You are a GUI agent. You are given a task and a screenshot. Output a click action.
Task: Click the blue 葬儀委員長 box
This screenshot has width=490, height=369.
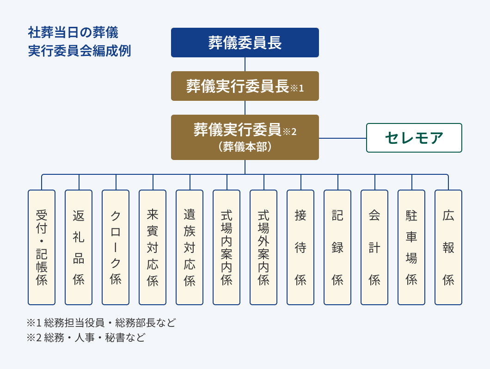point(245,43)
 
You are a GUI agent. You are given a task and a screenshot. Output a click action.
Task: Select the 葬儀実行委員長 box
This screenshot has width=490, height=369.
point(245,86)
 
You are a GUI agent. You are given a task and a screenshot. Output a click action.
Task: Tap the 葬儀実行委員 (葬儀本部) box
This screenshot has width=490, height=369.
point(245,137)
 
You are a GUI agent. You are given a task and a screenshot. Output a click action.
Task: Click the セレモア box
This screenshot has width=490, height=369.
point(414,138)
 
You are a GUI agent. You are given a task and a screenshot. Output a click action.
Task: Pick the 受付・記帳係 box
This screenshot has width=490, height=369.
point(42,247)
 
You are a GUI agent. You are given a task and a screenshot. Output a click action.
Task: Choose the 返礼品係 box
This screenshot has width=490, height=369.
point(79,247)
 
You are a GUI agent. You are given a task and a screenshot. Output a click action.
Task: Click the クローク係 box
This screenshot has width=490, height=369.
point(116,247)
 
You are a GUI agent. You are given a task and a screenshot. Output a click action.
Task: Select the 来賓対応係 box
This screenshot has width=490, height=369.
point(153,247)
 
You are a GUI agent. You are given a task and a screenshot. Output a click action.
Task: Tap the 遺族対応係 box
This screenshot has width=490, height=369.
point(190,247)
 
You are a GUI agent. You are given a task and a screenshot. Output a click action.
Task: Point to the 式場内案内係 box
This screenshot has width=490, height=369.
point(227,247)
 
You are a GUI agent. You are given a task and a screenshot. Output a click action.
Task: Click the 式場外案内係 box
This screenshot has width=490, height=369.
point(263,247)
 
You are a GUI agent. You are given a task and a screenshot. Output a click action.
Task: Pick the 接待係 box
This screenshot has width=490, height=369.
point(300,247)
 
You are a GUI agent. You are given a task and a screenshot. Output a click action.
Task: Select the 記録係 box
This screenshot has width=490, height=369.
point(337,247)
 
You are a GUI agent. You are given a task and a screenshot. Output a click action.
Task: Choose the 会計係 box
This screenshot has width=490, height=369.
point(374,247)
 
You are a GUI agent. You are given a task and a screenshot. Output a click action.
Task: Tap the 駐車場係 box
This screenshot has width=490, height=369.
point(411,247)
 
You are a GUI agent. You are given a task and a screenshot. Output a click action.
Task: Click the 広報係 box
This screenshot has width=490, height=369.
point(448,247)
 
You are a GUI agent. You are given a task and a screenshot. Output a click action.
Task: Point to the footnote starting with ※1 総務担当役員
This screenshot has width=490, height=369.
point(101,322)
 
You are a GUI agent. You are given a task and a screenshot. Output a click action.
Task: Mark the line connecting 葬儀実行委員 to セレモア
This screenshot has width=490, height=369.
point(343,138)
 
